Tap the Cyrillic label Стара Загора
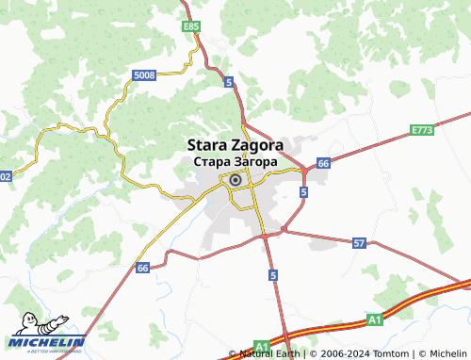click(x=234, y=162)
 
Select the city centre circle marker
click(x=235, y=181)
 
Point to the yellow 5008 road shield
click(x=144, y=74)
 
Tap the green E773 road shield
click(x=421, y=129)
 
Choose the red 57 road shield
click(x=359, y=243)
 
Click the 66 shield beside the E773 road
click(x=323, y=163)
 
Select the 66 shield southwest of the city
click(x=142, y=269)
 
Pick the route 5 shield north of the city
click(x=229, y=83)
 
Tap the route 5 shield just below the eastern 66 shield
click(x=303, y=191)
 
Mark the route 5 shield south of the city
click(x=272, y=275)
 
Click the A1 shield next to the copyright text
click(x=262, y=346)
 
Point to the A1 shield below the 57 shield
click(x=375, y=320)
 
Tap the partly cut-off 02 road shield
click(x=6, y=176)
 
